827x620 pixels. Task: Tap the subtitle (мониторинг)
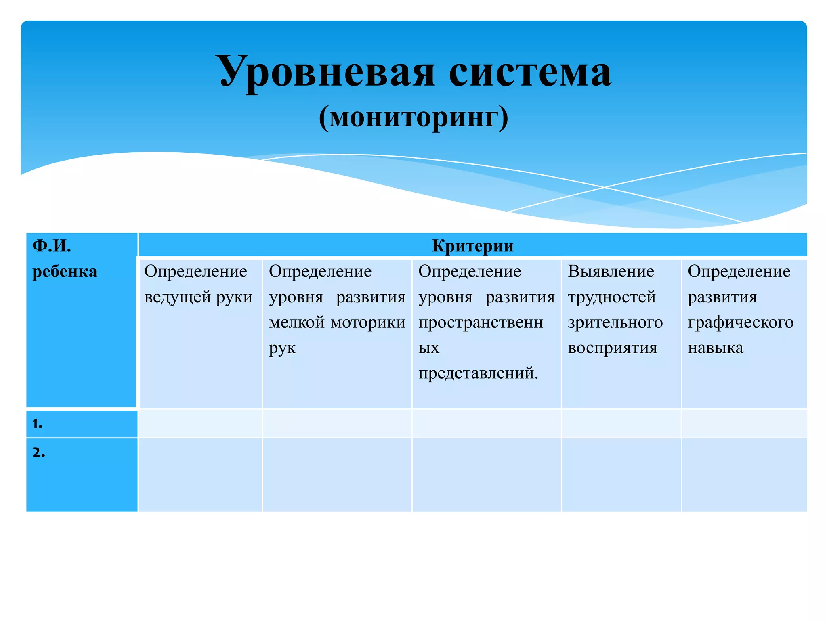[413, 117]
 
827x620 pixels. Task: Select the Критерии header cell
[472, 245]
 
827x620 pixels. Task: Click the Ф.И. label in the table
[52, 245]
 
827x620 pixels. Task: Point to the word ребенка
[65, 271]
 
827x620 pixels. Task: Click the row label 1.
[38, 423]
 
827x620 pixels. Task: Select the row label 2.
[39, 452]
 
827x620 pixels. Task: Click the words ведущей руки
[198, 297]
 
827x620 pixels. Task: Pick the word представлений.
[478, 373]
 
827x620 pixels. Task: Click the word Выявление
[611, 271]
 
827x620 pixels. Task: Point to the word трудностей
[611, 297]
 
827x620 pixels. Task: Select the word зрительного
[615, 323]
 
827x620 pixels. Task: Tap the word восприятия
[612, 348]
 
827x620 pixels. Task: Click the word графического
[741, 323]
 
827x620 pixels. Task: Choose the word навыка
[715, 348]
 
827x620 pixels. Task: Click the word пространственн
[481, 323]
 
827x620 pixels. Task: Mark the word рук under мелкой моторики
[282, 348]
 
